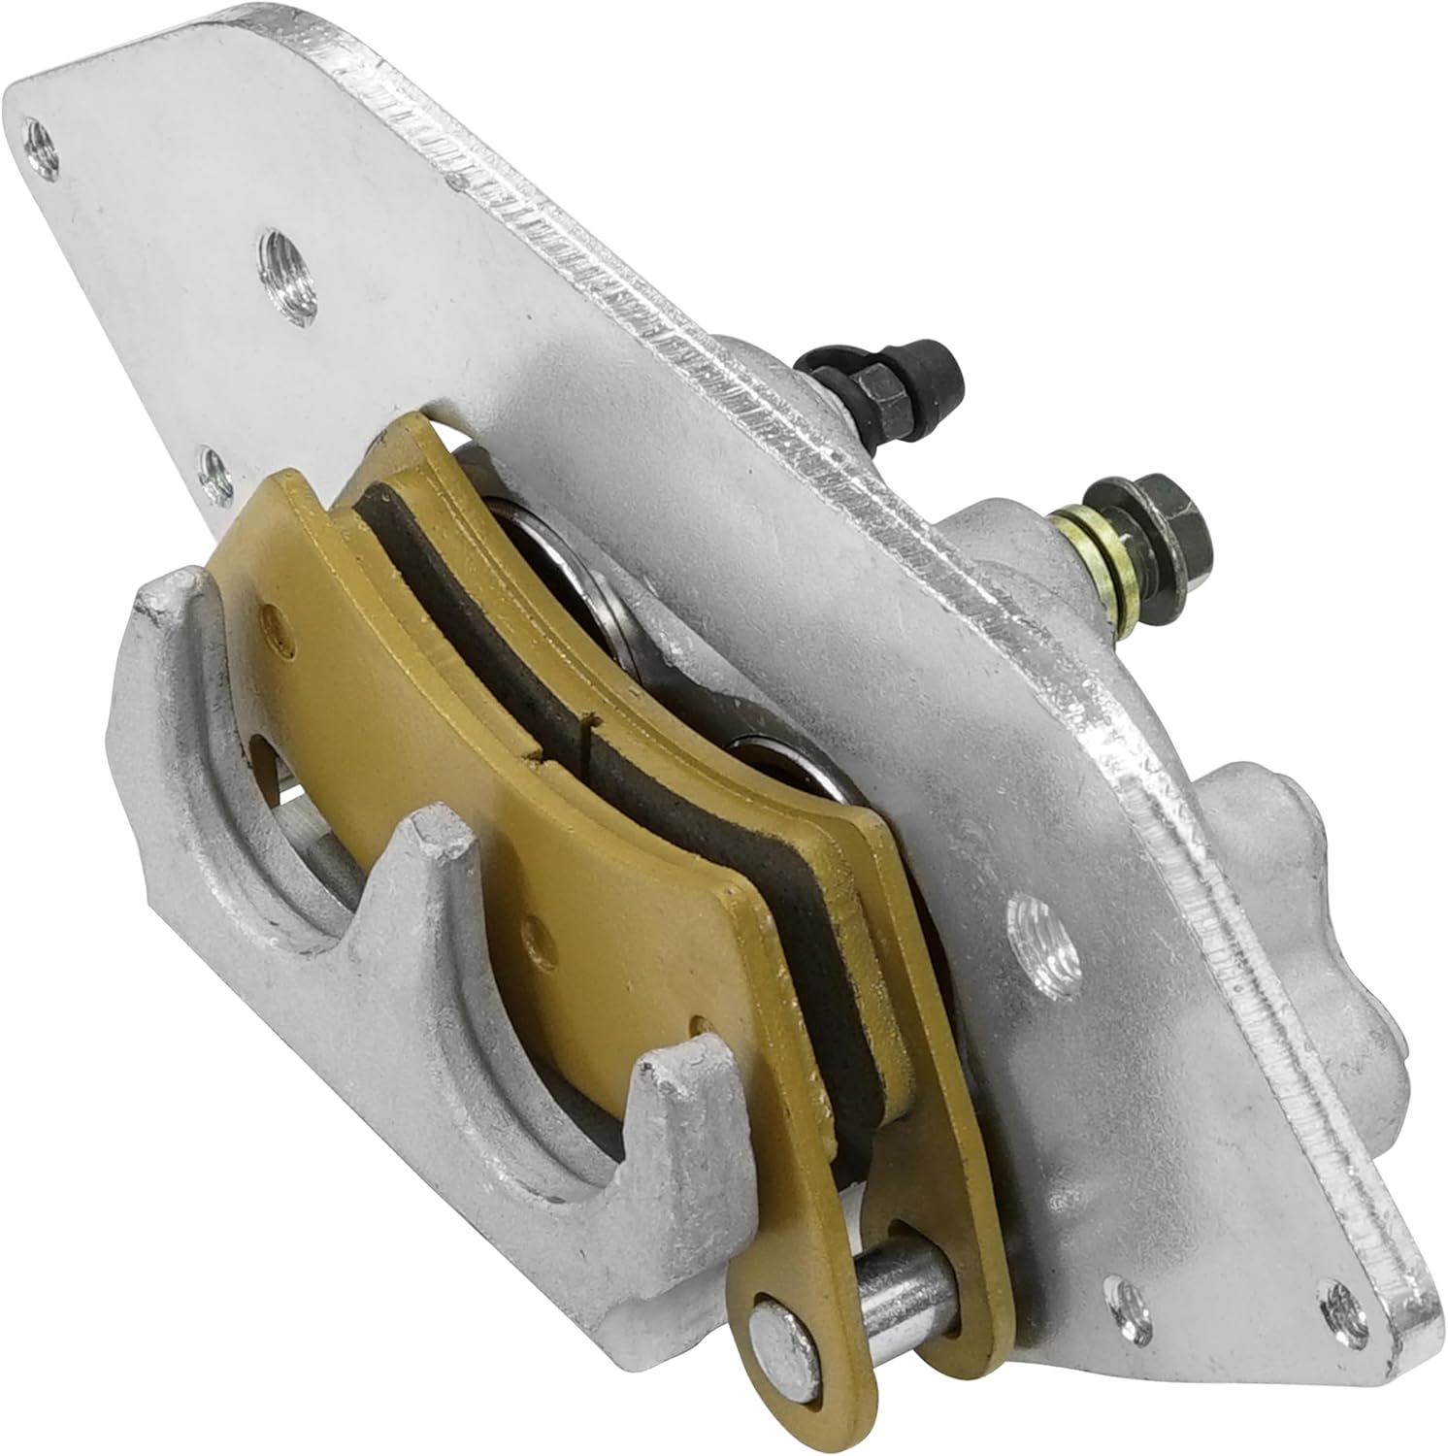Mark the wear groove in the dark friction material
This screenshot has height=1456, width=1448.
click(x=588, y=730)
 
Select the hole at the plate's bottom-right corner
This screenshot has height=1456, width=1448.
click(x=1337, y=1296)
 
